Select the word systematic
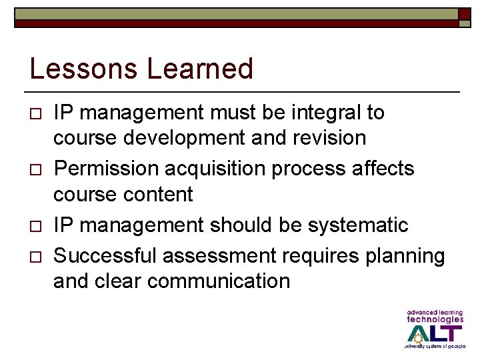tap(357, 225)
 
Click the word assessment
tap(217, 255)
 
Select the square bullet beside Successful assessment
tap(36, 257)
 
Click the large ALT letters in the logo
tap(434, 333)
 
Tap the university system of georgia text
tap(434, 347)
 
